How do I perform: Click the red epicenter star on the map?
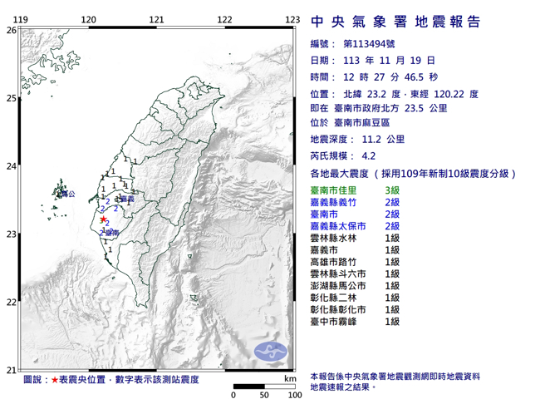tap(103, 219)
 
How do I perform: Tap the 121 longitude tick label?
tap(156, 18)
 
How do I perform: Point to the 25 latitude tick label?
tap(10, 99)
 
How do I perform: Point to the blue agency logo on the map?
tap(268, 350)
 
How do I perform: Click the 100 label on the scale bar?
tap(293, 396)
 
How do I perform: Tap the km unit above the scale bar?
tap(288, 379)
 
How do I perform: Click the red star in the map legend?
tap(55, 380)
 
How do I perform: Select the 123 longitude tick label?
tap(292, 18)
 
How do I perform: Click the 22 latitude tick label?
tap(10, 303)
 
